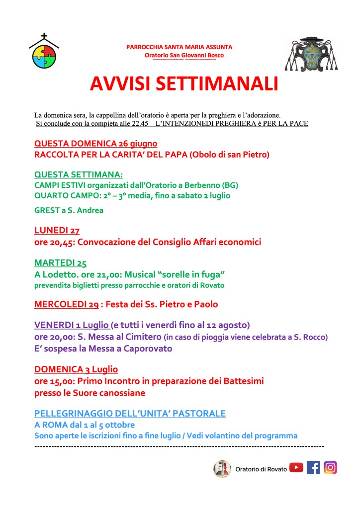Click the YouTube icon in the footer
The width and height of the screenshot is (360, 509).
pos(296,468)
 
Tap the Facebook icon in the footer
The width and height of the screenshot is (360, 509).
pos(313,468)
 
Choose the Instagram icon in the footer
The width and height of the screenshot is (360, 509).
pos(330,468)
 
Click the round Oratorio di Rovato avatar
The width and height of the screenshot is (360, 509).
pos(222,469)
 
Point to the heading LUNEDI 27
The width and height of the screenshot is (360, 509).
pos(57,231)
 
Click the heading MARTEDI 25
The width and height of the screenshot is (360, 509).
pos(60,262)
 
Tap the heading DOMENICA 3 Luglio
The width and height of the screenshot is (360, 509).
pos(76,369)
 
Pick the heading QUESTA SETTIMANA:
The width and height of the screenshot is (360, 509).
pos(78,174)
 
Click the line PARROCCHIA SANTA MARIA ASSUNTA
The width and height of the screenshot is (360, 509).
pos(179,47)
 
